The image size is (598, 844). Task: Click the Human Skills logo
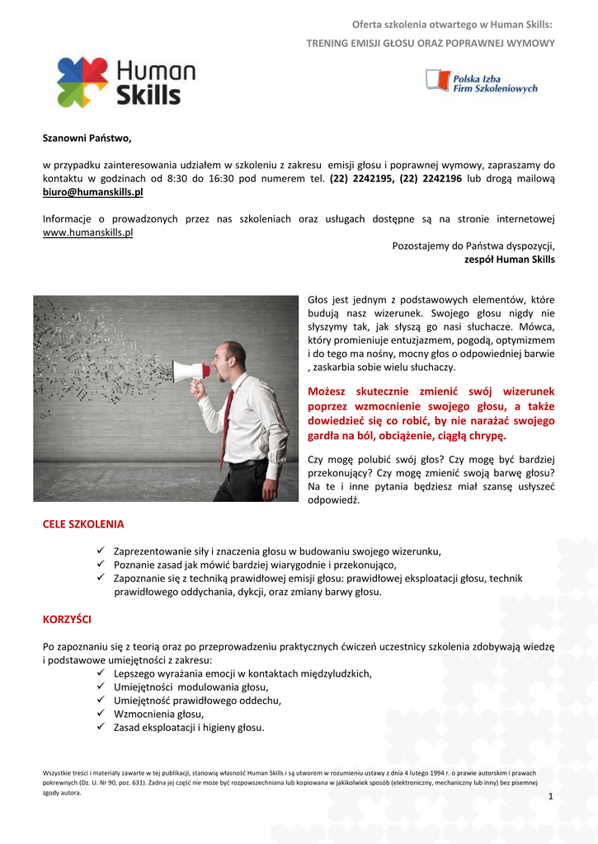pos(125,82)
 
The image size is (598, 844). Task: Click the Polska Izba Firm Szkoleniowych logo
pos(481,81)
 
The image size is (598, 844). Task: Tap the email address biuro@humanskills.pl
pos(92,192)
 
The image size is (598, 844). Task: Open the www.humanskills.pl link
pos(87,233)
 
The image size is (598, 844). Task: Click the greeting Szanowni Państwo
pos(87,138)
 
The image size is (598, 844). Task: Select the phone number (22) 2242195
pos(361,178)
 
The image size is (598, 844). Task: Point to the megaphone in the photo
pos(191,371)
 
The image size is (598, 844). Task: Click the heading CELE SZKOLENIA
pos(82,524)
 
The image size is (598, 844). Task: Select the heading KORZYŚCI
pos(67,618)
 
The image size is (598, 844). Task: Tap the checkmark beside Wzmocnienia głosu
pos(101,714)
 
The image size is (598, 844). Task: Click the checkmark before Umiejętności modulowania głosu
pos(101,686)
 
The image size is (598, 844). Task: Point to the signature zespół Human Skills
pos(510,260)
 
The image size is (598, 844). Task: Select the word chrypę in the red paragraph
pos(487,435)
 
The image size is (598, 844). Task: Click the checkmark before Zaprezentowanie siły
pos(101,551)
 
